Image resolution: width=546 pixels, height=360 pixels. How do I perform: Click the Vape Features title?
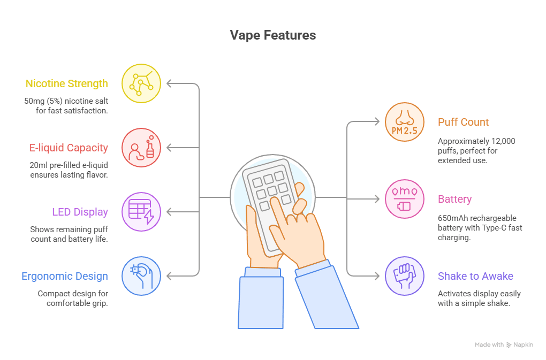pyautogui.click(x=273, y=35)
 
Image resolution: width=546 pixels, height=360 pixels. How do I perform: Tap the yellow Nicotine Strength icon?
pyautogui.click(x=141, y=83)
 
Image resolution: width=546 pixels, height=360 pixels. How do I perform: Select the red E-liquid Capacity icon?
pyautogui.click(x=141, y=148)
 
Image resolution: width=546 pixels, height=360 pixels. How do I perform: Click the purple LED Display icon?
pyautogui.click(x=141, y=212)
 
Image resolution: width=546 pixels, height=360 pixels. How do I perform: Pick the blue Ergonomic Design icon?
pyautogui.click(x=141, y=276)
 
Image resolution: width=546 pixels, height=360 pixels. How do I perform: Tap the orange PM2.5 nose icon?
pyautogui.click(x=405, y=122)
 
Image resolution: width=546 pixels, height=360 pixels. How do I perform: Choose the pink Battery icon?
pyautogui.click(x=405, y=199)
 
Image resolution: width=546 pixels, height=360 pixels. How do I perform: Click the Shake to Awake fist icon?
pyautogui.click(x=405, y=276)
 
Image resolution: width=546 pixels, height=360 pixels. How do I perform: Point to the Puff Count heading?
pyautogui.click(x=463, y=122)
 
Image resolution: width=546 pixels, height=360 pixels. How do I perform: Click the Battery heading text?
pyautogui.click(x=455, y=200)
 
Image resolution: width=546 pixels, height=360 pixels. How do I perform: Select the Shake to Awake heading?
pyautogui.click(x=475, y=276)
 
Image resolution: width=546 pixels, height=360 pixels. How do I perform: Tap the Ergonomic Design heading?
pyautogui.click(x=65, y=276)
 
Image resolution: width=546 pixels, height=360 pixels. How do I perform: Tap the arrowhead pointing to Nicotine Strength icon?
pyautogui.click(x=169, y=83)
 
